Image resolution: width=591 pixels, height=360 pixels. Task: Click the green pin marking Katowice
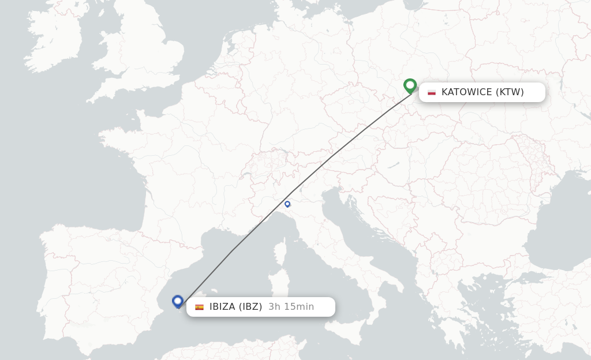coord(410,85)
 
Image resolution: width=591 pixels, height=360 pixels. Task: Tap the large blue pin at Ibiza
coord(178,301)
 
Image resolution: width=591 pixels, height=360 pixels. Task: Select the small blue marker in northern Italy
coord(287,204)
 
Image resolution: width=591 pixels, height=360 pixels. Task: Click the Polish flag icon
coord(432,92)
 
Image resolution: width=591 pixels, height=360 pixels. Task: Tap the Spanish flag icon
coord(199,307)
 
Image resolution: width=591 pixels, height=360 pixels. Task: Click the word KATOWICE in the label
coord(466,92)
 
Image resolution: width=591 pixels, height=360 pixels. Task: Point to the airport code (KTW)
coord(510,92)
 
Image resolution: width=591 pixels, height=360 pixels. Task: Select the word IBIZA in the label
coord(222,306)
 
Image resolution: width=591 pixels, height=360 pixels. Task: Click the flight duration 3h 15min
coord(291,306)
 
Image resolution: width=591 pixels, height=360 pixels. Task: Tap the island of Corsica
coord(279,253)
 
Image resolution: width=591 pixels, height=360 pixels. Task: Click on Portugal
coord(55,277)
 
